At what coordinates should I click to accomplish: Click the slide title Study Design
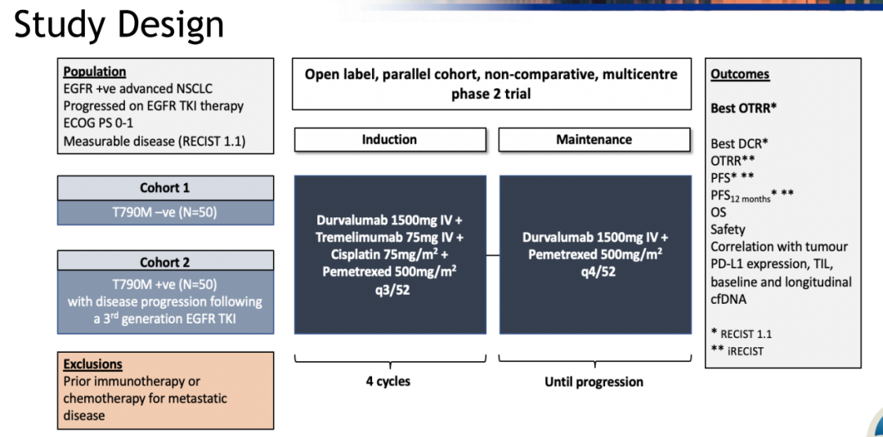click(119, 25)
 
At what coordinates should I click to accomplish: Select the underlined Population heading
click(95, 72)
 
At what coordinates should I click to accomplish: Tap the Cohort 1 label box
click(164, 188)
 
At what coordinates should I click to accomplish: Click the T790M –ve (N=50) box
click(164, 213)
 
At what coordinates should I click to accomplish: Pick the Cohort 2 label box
click(164, 262)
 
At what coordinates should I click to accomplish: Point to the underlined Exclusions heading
click(92, 364)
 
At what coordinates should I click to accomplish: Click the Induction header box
click(389, 140)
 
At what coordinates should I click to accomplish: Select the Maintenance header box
click(594, 140)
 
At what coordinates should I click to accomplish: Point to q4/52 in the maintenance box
click(596, 271)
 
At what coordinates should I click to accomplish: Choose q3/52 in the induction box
click(389, 288)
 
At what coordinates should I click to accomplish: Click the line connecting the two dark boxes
click(493, 255)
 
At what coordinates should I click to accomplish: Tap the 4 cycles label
click(388, 381)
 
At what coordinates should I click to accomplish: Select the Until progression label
click(594, 381)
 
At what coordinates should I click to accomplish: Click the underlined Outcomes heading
click(740, 74)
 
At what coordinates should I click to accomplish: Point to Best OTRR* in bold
click(743, 108)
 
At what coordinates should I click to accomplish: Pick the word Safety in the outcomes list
click(728, 230)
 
